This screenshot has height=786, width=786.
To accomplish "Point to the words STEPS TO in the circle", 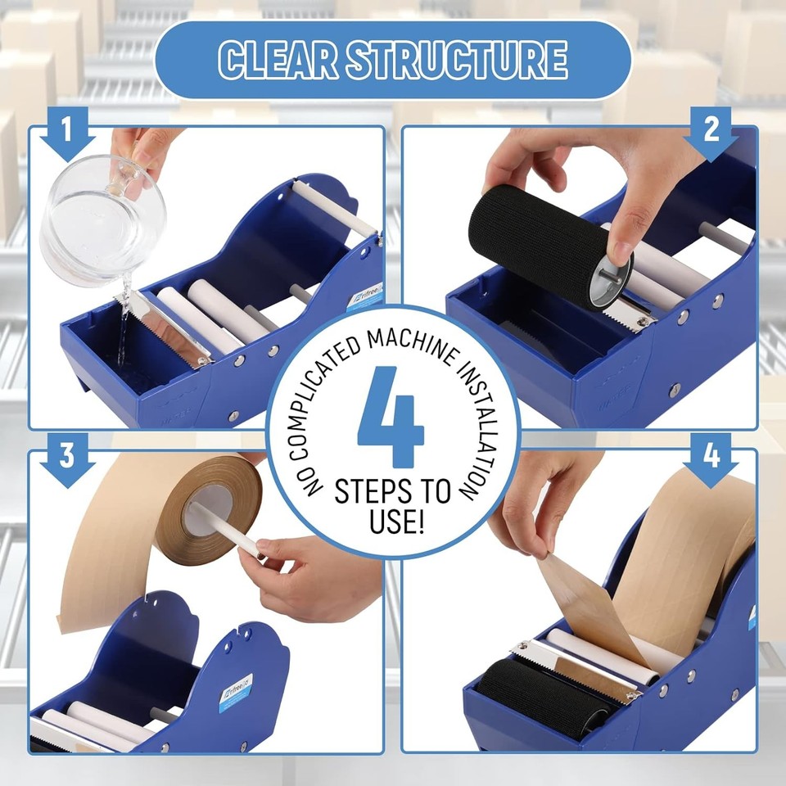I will coord(393,492).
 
